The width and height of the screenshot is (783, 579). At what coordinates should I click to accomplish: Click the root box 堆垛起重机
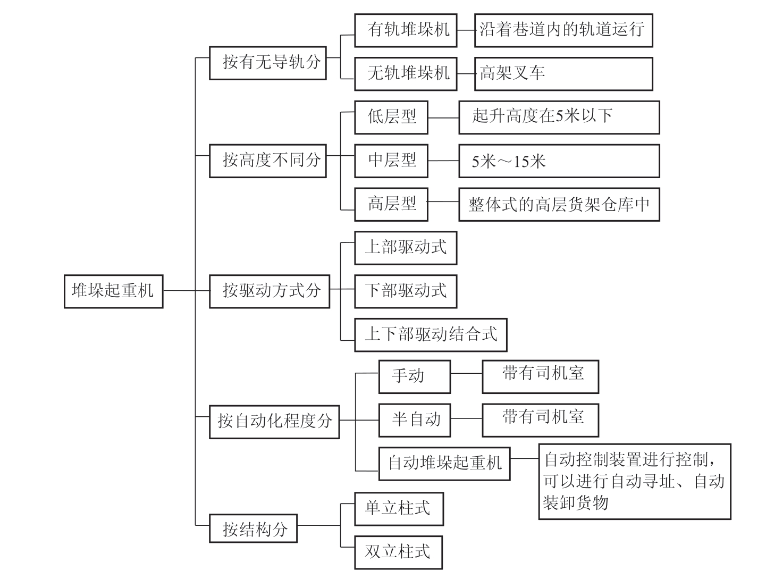point(113,291)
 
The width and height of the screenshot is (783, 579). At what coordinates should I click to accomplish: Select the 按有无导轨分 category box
point(267,63)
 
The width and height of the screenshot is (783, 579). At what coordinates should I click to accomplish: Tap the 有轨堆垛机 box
point(406,30)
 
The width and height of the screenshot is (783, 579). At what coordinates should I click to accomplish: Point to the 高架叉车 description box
point(563,73)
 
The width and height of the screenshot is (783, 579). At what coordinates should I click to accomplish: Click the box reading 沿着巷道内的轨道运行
point(563,30)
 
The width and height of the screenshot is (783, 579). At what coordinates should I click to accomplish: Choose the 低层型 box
point(391,117)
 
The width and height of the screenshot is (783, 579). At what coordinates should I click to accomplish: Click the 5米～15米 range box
point(559,161)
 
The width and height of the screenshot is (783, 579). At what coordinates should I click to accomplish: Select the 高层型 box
point(391,204)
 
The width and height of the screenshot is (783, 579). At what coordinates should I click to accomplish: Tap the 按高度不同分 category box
point(267,160)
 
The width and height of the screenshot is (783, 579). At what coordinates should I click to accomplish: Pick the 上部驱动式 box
point(406,247)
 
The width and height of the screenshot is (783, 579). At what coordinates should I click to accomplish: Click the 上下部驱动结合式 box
point(431,334)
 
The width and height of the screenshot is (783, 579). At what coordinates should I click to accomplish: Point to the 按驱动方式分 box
point(270,291)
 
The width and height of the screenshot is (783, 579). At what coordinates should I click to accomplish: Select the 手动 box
point(414,376)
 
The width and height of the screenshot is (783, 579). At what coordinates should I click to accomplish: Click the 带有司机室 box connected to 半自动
point(540,419)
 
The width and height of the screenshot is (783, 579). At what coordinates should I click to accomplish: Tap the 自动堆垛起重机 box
point(444,463)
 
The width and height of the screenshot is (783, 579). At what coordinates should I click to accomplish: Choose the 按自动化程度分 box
point(274,422)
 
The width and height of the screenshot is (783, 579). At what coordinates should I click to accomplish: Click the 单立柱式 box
point(399,508)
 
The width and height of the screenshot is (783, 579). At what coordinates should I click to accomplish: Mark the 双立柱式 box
point(399,552)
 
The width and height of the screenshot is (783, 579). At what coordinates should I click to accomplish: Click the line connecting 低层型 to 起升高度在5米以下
point(443,118)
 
